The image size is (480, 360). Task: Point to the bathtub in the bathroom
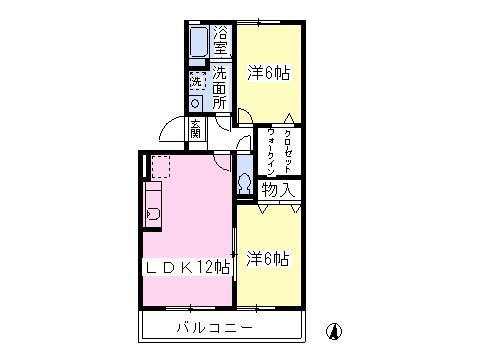click(197, 44)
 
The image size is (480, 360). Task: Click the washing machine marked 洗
click(197, 79)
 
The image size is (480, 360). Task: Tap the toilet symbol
click(244, 182)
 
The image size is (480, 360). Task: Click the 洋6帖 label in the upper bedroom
click(268, 72)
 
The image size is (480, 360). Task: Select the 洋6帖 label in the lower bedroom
click(268, 259)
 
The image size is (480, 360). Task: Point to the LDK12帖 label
click(189, 267)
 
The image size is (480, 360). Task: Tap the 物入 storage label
click(278, 188)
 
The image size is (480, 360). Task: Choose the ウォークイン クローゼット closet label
click(278, 151)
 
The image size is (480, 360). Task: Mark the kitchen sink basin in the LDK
click(153, 213)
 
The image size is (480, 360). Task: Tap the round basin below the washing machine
click(197, 101)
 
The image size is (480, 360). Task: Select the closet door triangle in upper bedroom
click(288, 116)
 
